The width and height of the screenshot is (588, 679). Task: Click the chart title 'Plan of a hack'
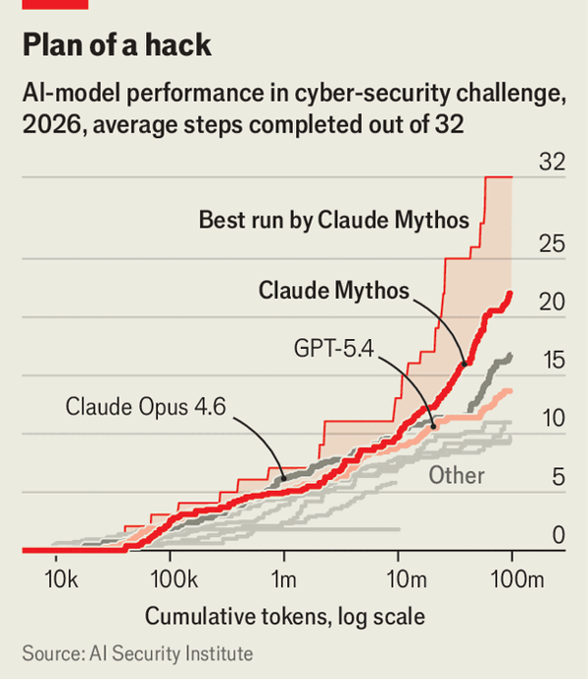click(115, 46)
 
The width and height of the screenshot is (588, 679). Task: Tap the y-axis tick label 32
click(553, 164)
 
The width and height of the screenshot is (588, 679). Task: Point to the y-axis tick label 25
click(553, 244)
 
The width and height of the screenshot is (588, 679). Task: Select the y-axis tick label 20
click(553, 303)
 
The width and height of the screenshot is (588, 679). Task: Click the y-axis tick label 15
click(553, 362)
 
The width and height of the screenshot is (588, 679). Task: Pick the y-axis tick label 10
click(553, 419)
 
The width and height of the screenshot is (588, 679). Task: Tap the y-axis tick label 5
click(558, 478)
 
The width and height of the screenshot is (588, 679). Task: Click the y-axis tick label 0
click(558, 536)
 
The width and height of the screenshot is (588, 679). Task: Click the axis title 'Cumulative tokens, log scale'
click(285, 617)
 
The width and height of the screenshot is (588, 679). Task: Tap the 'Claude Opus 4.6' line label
click(147, 405)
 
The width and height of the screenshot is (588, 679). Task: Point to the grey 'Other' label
click(457, 475)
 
